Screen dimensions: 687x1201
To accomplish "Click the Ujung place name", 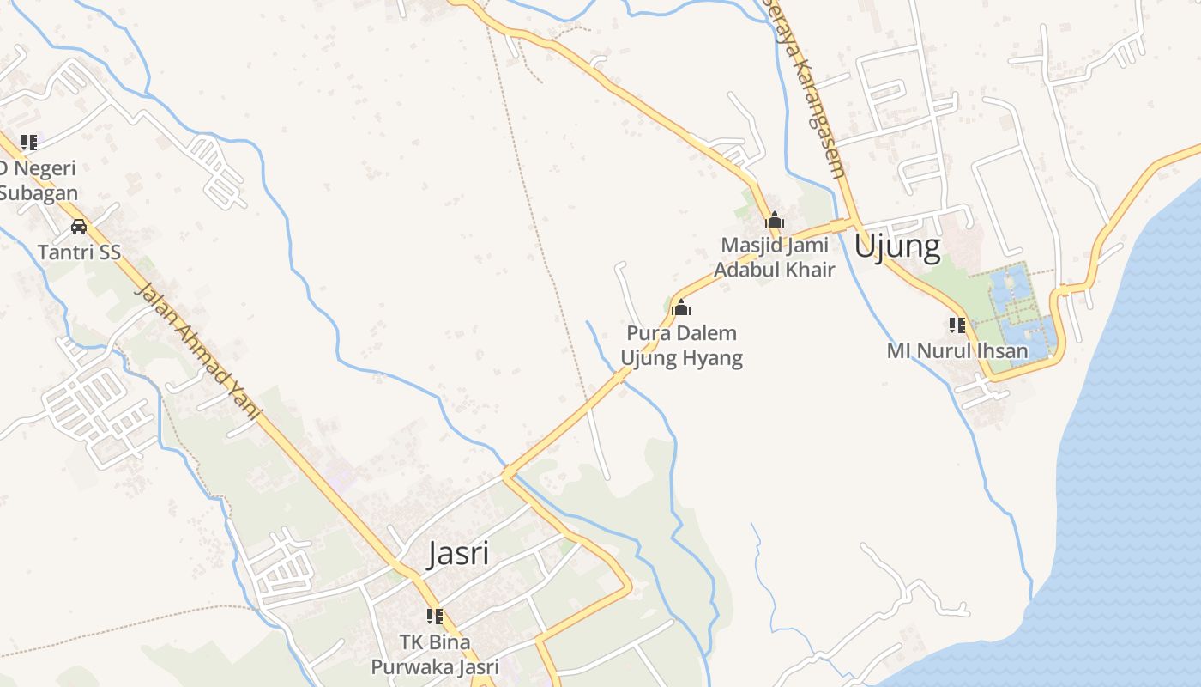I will tap(897, 247).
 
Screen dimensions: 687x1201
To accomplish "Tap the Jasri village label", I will tap(458, 553).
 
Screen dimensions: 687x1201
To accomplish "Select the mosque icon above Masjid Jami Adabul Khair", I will tap(775, 220).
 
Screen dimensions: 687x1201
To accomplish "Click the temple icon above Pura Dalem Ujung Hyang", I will tap(681, 307).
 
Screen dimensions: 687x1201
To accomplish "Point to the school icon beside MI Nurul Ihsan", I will tap(957, 325).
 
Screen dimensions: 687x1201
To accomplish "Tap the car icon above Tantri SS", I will tap(79, 227).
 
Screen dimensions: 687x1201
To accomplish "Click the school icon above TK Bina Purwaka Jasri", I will tap(435, 616).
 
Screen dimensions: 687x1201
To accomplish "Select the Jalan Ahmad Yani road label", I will tap(196, 352).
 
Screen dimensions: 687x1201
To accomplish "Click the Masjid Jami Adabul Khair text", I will tap(775, 257).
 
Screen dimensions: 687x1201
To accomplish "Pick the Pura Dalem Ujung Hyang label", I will tap(682, 345).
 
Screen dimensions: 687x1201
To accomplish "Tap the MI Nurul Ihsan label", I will tap(957, 350).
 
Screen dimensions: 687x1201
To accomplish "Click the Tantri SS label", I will tap(79, 252).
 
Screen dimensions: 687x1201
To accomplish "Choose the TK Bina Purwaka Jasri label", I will tap(435, 654).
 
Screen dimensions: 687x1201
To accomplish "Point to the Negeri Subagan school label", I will tap(38, 180).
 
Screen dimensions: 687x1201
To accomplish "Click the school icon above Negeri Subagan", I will tap(29, 142).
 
